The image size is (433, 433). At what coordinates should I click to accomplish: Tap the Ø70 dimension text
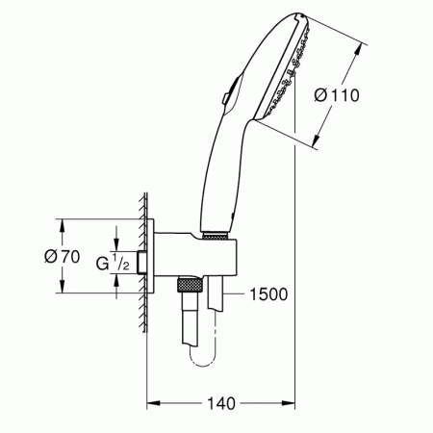point(34,257)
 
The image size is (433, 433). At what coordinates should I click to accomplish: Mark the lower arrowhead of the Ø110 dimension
point(317,144)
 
